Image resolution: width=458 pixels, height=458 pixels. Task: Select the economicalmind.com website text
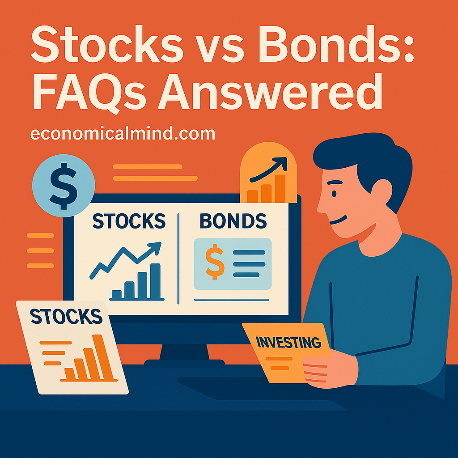click(123, 133)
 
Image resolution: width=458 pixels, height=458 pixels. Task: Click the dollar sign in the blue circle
click(63, 185)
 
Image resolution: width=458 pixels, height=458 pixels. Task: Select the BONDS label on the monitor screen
click(233, 221)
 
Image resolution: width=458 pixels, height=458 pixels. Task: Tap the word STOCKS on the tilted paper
click(66, 317)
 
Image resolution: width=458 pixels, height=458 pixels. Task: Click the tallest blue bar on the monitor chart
click(155, 281)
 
